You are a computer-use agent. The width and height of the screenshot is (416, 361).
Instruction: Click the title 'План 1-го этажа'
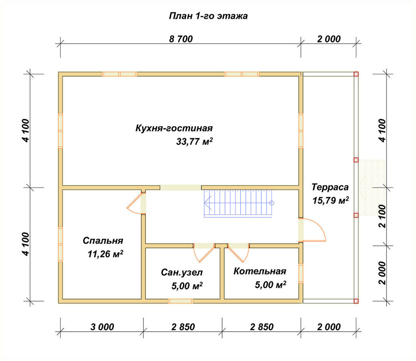208,16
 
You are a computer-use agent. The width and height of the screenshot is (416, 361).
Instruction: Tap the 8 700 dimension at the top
181,39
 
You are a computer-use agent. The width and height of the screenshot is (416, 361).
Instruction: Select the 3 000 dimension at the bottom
102,327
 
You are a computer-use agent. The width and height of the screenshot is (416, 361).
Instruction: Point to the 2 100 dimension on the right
382,216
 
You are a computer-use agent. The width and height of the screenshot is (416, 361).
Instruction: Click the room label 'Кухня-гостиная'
174,128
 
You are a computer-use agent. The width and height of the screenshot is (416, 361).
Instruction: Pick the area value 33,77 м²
194,141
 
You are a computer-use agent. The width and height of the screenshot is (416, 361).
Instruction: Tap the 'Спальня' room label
103,241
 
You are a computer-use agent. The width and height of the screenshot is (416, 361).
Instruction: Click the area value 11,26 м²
105,254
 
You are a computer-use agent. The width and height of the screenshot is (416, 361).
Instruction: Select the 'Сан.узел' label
182,273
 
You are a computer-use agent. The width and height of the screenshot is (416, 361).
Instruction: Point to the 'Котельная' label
260,271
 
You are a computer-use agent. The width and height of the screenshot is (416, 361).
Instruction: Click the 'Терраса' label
330,187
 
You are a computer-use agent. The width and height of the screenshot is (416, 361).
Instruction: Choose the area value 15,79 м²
331,201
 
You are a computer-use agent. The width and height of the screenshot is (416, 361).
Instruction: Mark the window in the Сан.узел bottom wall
181,301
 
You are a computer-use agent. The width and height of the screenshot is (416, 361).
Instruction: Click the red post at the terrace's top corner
356,74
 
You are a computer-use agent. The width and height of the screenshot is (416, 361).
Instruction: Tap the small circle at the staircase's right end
271,203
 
